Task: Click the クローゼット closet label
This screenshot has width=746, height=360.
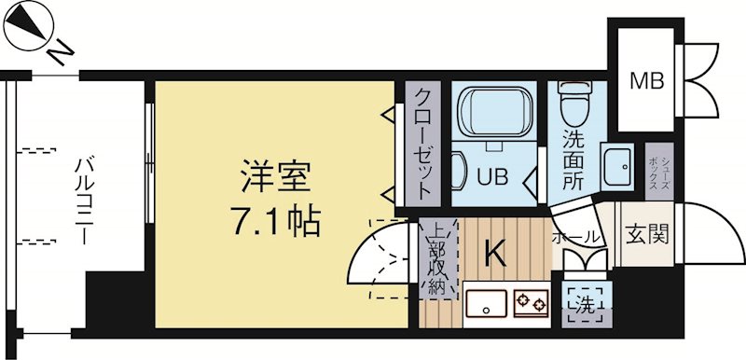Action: click(x=422, y=145)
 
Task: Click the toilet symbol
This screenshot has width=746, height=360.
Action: click(x=570, y=105)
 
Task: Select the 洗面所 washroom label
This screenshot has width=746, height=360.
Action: click(x=573, y=159)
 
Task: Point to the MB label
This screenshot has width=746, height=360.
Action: click(x=645, y=81)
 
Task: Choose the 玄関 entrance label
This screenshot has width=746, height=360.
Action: click(x=645, y=233)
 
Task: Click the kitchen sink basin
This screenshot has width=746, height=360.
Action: click(x=486, y=303)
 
